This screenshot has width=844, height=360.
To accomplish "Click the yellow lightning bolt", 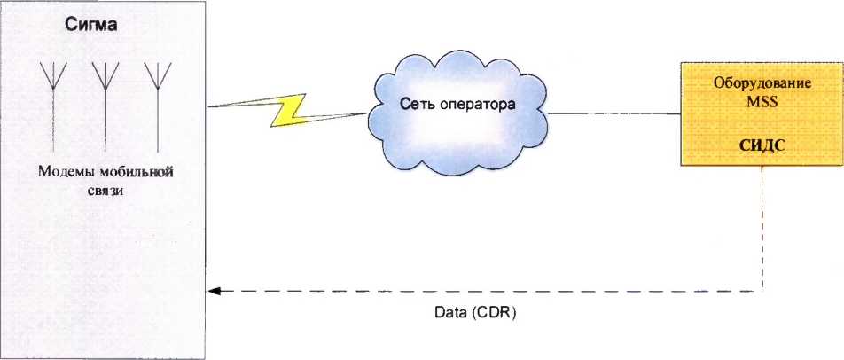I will pos(288,109).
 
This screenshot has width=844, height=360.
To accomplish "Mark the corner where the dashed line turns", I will pos(762,290).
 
